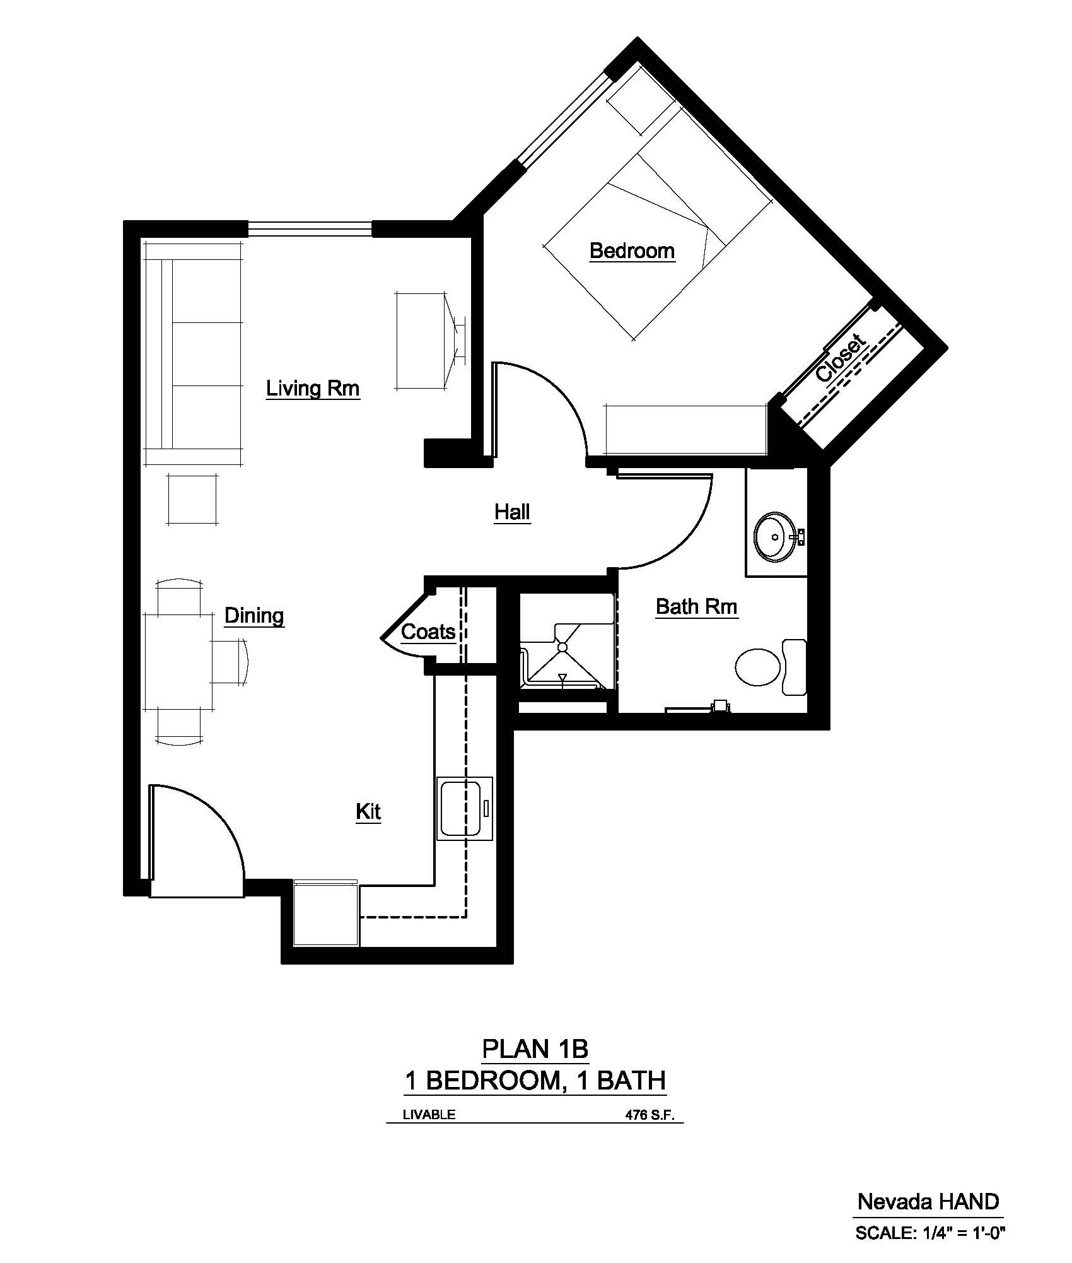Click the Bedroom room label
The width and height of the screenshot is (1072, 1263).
632,251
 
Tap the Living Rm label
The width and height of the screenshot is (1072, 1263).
313,388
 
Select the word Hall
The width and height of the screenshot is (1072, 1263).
512,512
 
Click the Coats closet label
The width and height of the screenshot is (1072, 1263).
428,631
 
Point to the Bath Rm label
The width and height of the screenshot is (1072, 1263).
696,607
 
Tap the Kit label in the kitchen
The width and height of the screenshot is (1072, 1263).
368,811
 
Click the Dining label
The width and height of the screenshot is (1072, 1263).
254,616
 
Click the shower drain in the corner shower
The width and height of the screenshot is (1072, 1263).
561,646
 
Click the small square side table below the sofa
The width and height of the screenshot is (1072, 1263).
194,498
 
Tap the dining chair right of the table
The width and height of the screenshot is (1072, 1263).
228,661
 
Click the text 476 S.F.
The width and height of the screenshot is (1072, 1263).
650,1115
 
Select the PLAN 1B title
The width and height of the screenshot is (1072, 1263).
535,1049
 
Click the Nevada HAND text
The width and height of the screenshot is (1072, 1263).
928,1201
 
